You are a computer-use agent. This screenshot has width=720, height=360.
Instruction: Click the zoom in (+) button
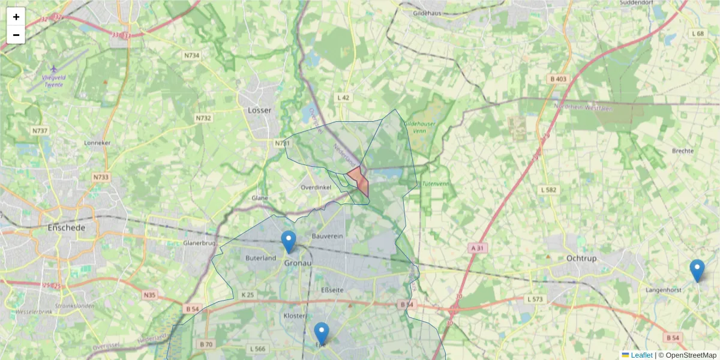16,17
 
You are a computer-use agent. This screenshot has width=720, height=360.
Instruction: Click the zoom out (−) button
16,35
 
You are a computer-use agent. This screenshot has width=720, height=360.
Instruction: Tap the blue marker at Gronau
289,242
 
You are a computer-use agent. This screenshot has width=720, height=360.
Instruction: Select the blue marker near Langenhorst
697,271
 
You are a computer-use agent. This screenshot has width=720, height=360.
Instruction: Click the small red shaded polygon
359,180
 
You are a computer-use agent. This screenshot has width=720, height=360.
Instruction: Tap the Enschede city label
67,228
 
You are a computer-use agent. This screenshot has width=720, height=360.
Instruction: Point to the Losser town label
259,110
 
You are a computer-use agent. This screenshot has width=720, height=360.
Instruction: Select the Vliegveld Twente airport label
53,81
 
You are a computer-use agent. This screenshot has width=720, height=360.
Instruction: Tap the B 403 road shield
557,79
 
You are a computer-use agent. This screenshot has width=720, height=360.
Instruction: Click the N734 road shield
191,55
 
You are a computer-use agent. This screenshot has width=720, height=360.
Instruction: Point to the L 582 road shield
549,190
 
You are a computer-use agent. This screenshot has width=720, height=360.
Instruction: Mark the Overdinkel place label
316,188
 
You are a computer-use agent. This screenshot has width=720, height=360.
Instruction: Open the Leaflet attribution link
641,355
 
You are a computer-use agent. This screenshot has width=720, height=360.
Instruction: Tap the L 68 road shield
697,34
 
